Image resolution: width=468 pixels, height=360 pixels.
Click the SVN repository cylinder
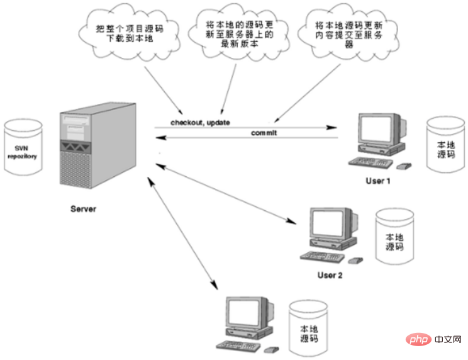(x=23, y=147)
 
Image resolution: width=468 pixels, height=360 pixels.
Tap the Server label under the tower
(x=83, y=209)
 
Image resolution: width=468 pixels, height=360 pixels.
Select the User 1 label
(x=378, y=181)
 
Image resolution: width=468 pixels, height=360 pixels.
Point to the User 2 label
(x=330, y=275)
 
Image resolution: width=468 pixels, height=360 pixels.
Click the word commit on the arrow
(x=264, y=133)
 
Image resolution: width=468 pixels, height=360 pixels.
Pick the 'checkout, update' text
(x=200, y=122)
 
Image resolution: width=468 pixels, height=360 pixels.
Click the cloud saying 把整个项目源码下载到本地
(x=129, y=32)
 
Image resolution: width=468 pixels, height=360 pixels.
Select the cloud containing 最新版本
(x=239, y=32)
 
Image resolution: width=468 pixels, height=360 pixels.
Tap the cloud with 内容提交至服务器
(x=348, y=32)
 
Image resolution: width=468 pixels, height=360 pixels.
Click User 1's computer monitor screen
(x=376, y=128)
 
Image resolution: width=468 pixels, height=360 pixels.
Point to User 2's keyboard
(x=322, y=257)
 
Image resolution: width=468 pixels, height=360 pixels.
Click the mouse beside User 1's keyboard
(x=404, y=166)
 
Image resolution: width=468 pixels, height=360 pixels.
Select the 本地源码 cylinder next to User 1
(x=445, y=145)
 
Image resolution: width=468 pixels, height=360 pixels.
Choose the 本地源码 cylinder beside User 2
(x=394, y=237)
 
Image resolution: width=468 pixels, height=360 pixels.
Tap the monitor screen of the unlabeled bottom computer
(x=243, y=313)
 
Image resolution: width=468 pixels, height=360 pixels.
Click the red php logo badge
(x=418, y=339)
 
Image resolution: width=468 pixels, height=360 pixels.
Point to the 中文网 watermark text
(x=448, y=339)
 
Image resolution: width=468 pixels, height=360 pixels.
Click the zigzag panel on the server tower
(x=76, y=147)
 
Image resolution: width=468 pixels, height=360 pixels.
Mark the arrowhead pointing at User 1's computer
(x=331, y=128)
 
